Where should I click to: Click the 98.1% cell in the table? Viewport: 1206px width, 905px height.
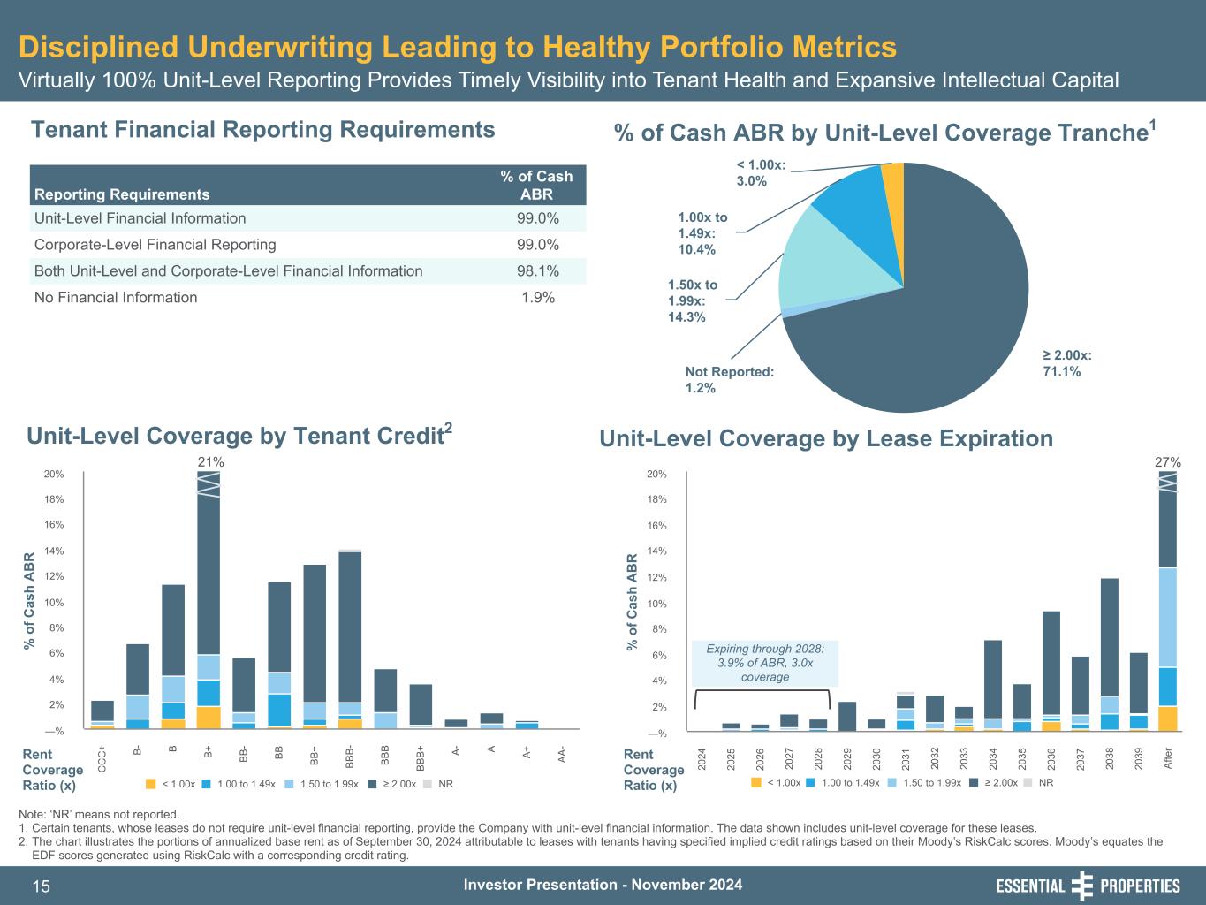(x=537, y=271)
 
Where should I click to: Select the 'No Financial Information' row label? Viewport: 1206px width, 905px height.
(x=116, y=298)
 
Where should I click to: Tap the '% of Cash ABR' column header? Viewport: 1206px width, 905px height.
(x=536, y=185)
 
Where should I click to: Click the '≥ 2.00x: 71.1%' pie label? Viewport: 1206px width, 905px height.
(x=1067, y=363)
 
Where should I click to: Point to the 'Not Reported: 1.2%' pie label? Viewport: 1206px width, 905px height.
(x=729, y=380)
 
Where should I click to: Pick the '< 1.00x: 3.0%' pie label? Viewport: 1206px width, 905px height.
(x=761, y=173)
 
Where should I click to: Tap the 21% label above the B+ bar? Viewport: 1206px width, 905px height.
(x=210, y=461)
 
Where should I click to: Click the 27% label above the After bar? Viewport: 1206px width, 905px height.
(x=1168, y=461)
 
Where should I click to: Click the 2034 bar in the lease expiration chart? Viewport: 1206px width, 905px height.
(x=992, y=681)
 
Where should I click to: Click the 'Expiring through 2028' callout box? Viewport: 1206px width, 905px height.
(x=765, y=663)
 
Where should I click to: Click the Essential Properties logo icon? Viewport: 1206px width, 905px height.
(x=1081, y=886)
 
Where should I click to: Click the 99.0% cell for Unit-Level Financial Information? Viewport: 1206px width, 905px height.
(x=537, y=218)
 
